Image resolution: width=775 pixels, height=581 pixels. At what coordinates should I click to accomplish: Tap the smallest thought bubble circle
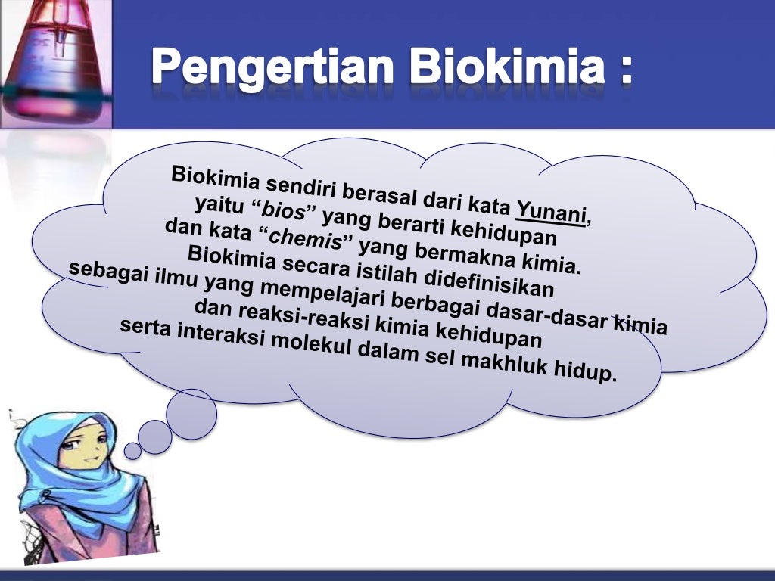tap(132, 451)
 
